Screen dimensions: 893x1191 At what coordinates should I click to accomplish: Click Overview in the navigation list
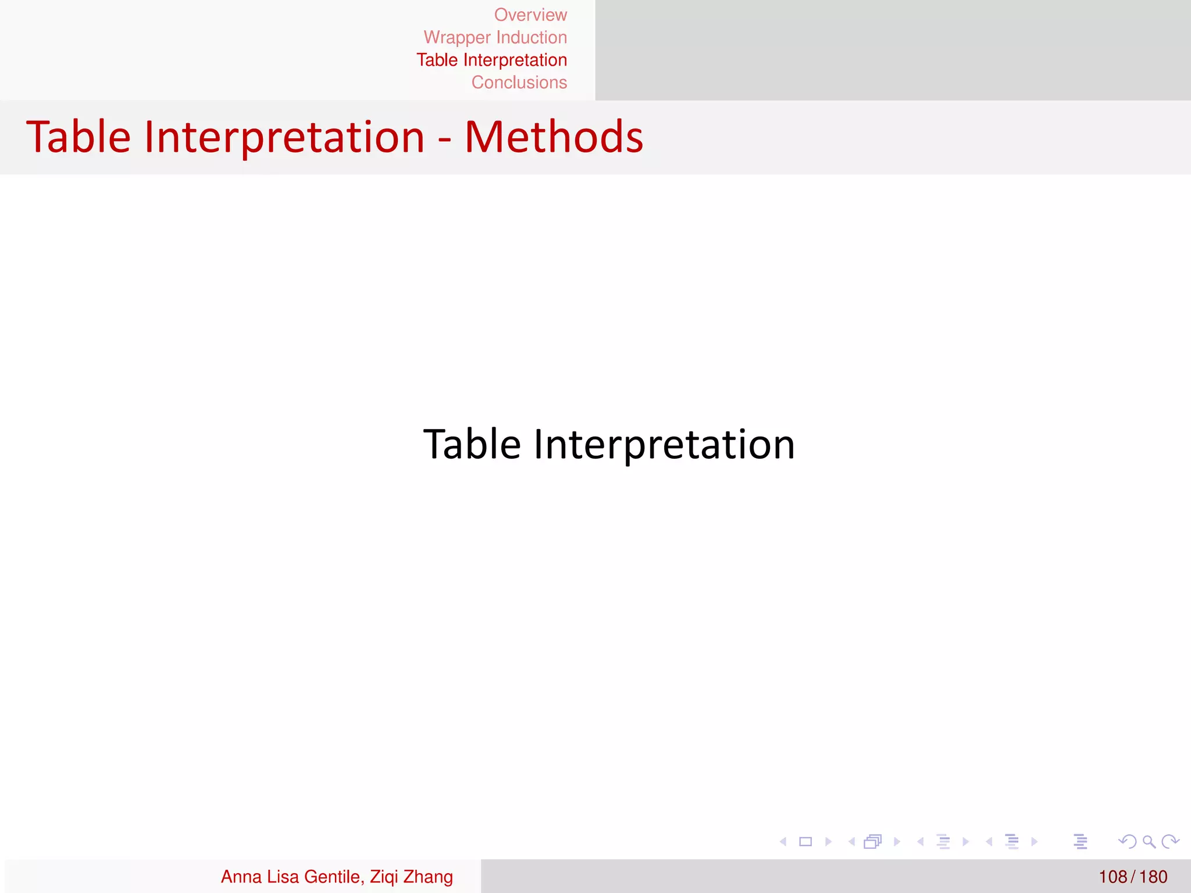tap(530, 15)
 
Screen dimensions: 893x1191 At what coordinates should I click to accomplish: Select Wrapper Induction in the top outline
tap(495, 37)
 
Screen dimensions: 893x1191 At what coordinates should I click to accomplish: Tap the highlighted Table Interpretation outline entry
tap(491, 60)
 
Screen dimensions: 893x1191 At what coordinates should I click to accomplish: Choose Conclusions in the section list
tap(519, 83)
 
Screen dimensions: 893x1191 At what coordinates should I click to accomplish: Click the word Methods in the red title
tap(554, 137)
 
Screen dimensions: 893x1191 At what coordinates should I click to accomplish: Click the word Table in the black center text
tap(472, 444)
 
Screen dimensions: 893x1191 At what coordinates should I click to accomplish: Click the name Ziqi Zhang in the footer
tap(411, 876)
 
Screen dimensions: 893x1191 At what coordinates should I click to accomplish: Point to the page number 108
tap(1112, 876)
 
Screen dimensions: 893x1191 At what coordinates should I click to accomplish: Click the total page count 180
tap(1153, 876)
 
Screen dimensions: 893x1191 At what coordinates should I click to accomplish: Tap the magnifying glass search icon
tap(1149, 841)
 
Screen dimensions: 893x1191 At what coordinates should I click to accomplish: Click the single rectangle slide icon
tap(805, 841)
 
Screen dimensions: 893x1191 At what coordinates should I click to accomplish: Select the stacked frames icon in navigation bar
tap(873, 841)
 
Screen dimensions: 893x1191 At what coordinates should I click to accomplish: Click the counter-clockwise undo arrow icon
tap(1127, 841)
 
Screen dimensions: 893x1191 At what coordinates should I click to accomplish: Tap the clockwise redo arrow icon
tap(1169, 841)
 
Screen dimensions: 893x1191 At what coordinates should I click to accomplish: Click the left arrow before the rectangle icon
tap(783, 841)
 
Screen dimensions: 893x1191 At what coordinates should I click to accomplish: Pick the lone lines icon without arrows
tap(1081, 841)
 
